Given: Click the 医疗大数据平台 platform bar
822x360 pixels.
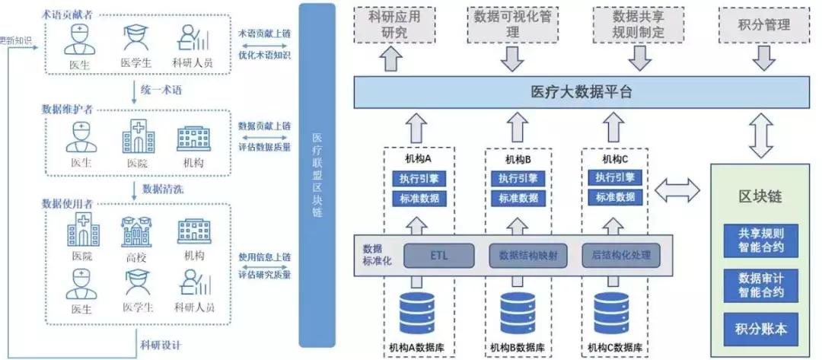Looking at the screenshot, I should point(581,92).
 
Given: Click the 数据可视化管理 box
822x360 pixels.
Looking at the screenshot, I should point(512,24).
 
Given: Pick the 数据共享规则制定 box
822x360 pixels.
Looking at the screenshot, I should point(638,24).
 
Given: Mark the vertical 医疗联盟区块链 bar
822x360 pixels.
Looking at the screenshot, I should point(317,179).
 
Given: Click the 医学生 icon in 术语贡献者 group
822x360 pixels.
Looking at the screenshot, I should point(137,39).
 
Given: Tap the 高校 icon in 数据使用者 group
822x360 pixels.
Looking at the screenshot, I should point(137,232).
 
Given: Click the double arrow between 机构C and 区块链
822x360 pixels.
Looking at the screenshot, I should point(676,191).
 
